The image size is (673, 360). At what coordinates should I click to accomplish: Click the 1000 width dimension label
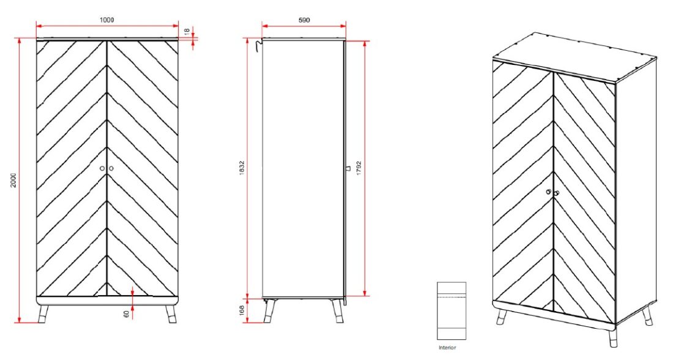click(x=107, y=20)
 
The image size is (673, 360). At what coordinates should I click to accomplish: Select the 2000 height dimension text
click(x=13, y=180)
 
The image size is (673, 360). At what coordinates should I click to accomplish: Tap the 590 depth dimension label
click(x=303, y=20)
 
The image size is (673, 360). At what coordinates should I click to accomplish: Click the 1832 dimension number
click(x=242, y=168)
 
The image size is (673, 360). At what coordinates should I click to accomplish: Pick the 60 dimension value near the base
click(x=126, y=313)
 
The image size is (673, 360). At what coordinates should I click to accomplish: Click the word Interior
click(x=447, y=347)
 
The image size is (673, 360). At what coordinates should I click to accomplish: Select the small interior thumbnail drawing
click(x=452, y=310)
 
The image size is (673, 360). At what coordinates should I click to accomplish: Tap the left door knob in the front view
click(x=102, y=168)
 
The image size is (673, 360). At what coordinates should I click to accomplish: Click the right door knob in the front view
click(x=111, y=168)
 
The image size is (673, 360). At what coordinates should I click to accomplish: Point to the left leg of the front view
click(x=43, y=313)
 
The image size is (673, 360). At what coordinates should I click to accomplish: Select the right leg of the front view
click(x=171, y=313)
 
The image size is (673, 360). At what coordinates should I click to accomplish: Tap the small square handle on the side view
click(x=347, y=168)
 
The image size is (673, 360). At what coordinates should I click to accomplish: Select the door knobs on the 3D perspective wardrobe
click(x=552, y=193)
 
